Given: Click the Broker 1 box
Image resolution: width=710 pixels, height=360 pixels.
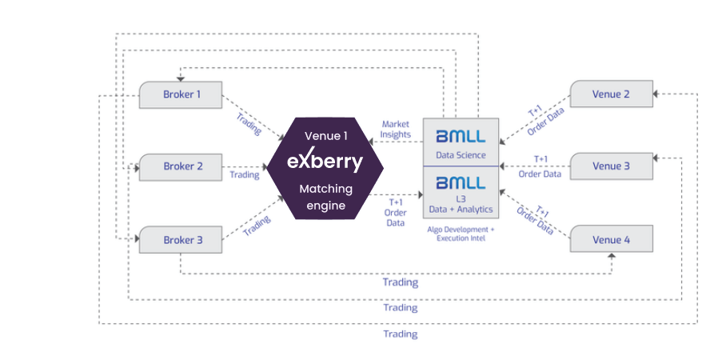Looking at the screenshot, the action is click(x=180, y=94).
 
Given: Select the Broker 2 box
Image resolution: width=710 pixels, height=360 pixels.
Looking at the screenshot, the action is click(x=180, y=167).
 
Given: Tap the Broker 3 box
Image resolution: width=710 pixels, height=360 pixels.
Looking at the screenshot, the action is click(x=180, y=239).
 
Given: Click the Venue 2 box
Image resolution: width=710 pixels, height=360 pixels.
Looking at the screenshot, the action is click(x=612, y=94).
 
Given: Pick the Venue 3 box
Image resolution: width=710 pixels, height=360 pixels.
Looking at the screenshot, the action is click(x=612, y=166).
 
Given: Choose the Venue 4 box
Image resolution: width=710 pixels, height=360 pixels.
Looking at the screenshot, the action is click(x=612, y=238).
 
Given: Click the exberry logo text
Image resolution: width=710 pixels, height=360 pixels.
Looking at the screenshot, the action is click(x=325, y=160).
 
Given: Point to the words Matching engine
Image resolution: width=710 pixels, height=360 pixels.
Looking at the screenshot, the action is click(x=326, y=197).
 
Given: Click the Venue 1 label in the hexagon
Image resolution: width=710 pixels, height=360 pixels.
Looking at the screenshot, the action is click(x=326, y=136).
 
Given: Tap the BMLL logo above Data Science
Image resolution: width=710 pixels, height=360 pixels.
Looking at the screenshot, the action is click(x=461, y=136).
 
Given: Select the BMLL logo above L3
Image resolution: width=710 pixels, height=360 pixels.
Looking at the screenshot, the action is click(x=461, y=183).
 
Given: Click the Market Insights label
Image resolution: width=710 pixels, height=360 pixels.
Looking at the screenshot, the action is click(x=395, y=129).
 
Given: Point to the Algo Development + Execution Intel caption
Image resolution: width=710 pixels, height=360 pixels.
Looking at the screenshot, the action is click(x=461, y=234).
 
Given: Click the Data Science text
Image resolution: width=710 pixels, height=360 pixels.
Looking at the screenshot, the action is click(x=461, y=155).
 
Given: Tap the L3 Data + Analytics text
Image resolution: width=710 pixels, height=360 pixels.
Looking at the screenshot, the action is click(x=461, y=204).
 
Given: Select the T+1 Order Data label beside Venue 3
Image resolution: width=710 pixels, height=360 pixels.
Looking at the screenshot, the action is click(x=540, y=166).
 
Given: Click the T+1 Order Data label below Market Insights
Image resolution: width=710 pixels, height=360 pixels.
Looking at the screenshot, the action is click(x=395, y=212).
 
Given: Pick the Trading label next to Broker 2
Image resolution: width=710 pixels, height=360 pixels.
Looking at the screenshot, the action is click(x=245, y=174).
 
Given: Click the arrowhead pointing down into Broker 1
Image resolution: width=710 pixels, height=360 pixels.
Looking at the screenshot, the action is click(x=180, y=79).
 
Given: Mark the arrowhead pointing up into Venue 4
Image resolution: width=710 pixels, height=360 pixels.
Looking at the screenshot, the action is click(x=612, y=256).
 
